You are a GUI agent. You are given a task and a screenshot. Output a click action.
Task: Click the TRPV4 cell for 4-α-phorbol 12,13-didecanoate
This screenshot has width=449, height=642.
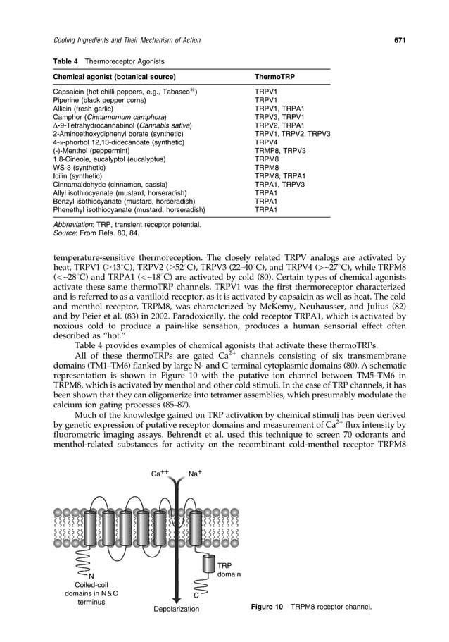(x=265, y=142)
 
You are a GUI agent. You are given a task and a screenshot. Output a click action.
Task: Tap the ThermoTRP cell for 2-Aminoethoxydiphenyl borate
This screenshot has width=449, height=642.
(x=292, y=133)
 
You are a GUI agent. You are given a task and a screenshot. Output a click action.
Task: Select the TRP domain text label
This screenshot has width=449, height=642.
(x=229, y=570)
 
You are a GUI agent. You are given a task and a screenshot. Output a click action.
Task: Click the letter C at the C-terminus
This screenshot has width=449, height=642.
(x=196, y=595)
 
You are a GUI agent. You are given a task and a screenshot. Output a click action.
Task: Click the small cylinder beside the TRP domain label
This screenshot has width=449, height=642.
(x=208, y=564)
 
